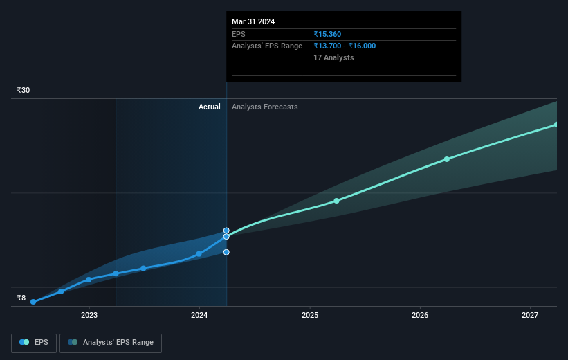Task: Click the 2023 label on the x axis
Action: coord(89,316)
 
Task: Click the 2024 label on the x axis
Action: coord(199,316)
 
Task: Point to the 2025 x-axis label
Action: coord(310,316)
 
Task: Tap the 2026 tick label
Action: coord(420,316)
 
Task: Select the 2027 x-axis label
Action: coord(531,316)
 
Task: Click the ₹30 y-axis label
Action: coord(24,91)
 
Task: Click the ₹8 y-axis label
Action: coord(21,298)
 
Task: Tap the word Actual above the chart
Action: coord(209,107)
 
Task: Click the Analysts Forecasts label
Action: coord(265,107)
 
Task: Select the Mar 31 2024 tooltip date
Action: coord(253,21)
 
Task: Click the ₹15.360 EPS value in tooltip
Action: coord(327,34)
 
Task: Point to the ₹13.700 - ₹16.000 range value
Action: coord(345,46)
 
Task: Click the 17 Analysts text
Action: coord(333,57)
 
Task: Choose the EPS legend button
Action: coord(35,343)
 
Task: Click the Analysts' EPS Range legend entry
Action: coord(111,343)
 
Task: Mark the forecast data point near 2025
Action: coord(336,201)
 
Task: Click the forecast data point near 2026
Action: coord(447,159)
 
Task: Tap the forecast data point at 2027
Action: coord(556,125)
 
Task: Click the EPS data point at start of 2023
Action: coord(89,280)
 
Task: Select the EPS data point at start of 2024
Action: coord(199,254)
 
